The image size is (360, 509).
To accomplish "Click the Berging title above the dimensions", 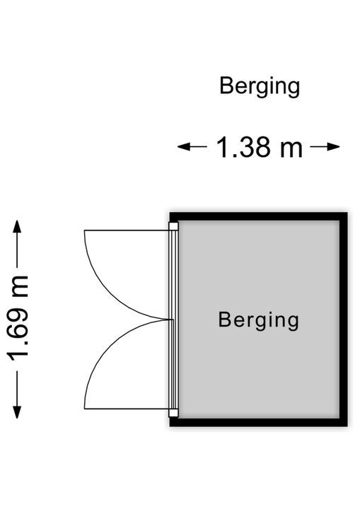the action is pos(260,87).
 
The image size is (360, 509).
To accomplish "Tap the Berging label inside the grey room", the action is pos(258,320).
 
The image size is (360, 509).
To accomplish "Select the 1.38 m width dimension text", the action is pos(260,148).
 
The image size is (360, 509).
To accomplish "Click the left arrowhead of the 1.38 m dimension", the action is pos(184,147).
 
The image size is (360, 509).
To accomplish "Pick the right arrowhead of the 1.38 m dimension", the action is pos(333,147).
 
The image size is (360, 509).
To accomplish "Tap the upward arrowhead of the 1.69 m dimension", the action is pos(17,227).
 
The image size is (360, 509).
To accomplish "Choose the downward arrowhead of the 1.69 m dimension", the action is pos(17,412).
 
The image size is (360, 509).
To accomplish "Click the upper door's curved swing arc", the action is pos(103,290).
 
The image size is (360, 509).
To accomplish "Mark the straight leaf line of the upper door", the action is pos(127,230).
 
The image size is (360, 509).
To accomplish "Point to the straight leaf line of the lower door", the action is pos(127,409).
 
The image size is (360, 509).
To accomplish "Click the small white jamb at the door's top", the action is pos(174,226).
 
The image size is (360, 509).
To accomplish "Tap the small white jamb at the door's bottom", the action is pos(174,413).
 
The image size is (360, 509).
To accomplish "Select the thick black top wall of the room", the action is pos(259,216).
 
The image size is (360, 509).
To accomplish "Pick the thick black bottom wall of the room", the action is pos(259,422).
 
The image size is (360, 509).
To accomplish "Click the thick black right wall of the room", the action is pos(344,320).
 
